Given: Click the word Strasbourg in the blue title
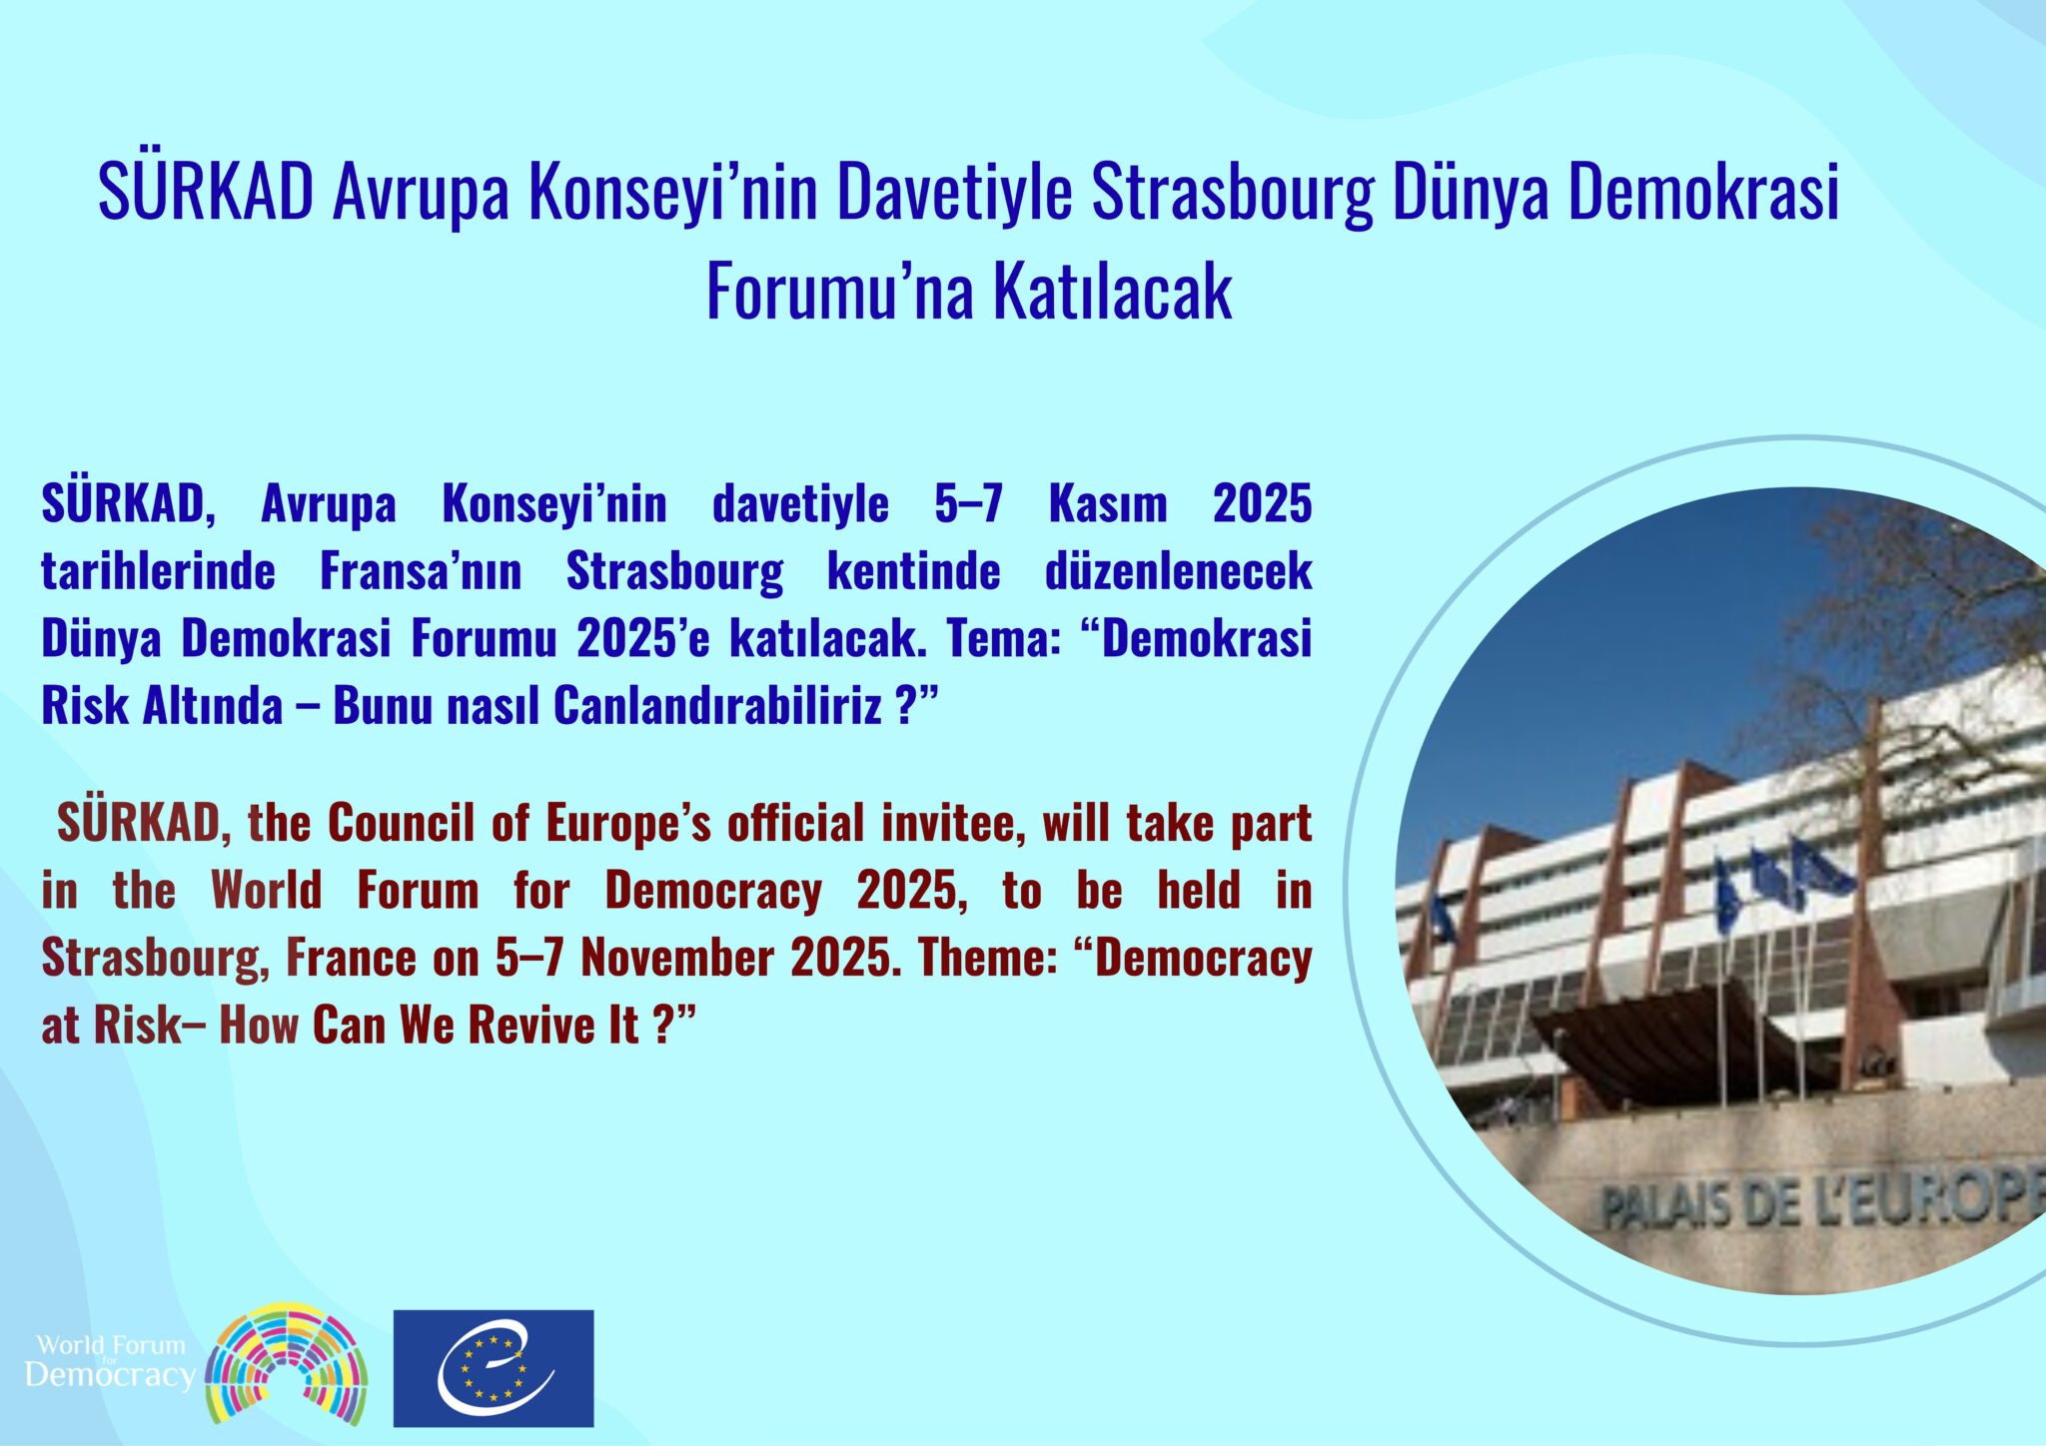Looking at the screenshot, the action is pos(1233,193).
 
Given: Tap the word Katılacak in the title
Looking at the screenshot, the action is pos(1112,291).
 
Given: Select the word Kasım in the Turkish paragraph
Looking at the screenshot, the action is pos(1108,503).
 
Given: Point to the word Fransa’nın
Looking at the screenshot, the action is pos(421,570).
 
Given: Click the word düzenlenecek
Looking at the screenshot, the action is pos(1179,571).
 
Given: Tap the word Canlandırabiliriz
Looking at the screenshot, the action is pos(717,705).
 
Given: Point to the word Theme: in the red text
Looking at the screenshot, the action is pos(988,958).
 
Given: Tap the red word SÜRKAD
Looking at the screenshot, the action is pos(138,823).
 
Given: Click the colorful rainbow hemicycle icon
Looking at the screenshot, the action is pos(287,1363).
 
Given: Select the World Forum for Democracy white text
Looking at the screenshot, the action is pos(110,1362).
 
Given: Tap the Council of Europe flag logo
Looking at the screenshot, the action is pos(494,1368).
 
